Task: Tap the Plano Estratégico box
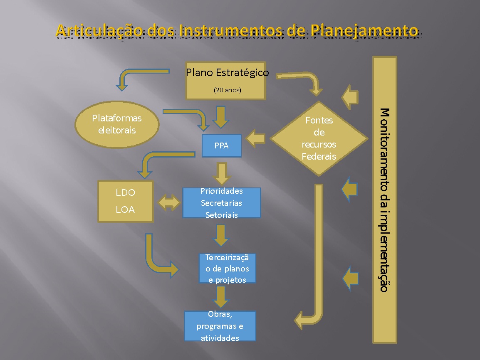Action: tap(225, 81)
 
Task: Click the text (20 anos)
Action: tap(227, 90)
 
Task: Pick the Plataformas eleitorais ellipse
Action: tap(117, 124)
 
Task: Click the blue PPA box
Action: tap(221, 146)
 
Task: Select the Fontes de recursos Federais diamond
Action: tap(319, 138)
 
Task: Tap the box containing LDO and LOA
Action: tap(125, 202)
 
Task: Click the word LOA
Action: tap(125, 210)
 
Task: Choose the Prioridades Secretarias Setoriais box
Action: tap(221, 203)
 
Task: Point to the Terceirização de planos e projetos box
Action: tap(227, 269)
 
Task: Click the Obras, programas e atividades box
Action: tap(220, 326)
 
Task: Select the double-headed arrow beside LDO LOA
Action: tap(169, 202)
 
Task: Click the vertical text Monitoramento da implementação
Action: tap(384, 200)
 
